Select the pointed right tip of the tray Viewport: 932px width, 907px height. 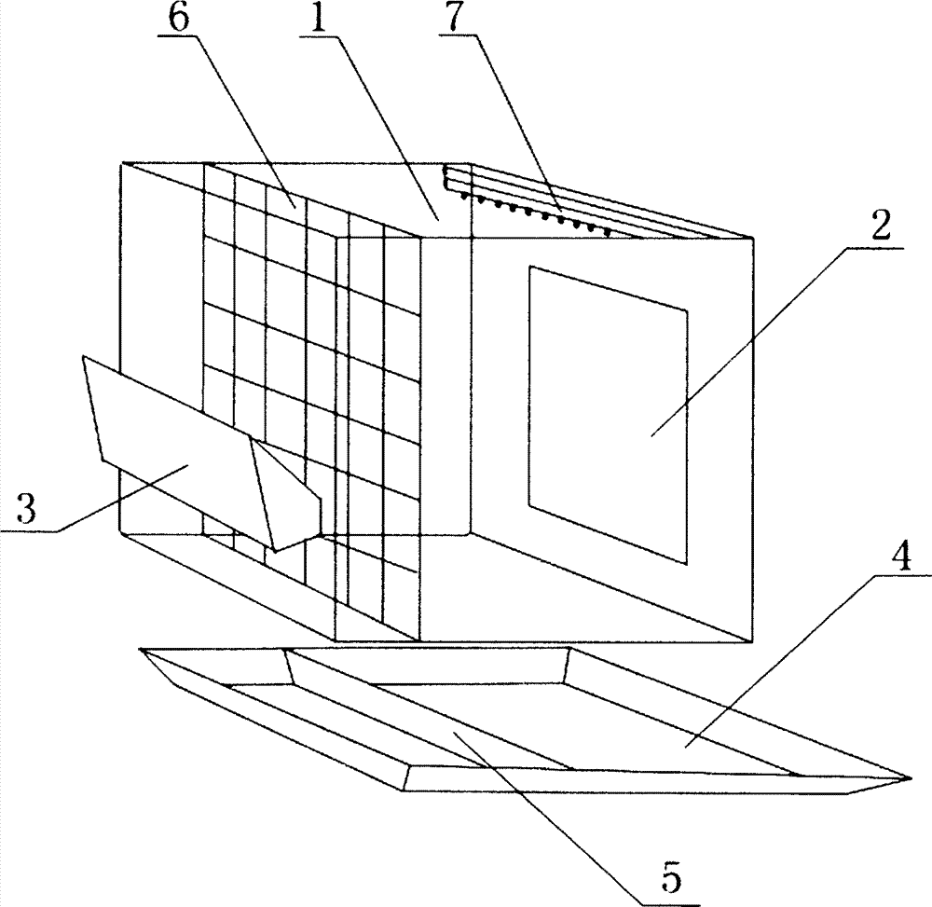coord(904,776)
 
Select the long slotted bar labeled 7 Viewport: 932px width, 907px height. coord(596,200)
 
